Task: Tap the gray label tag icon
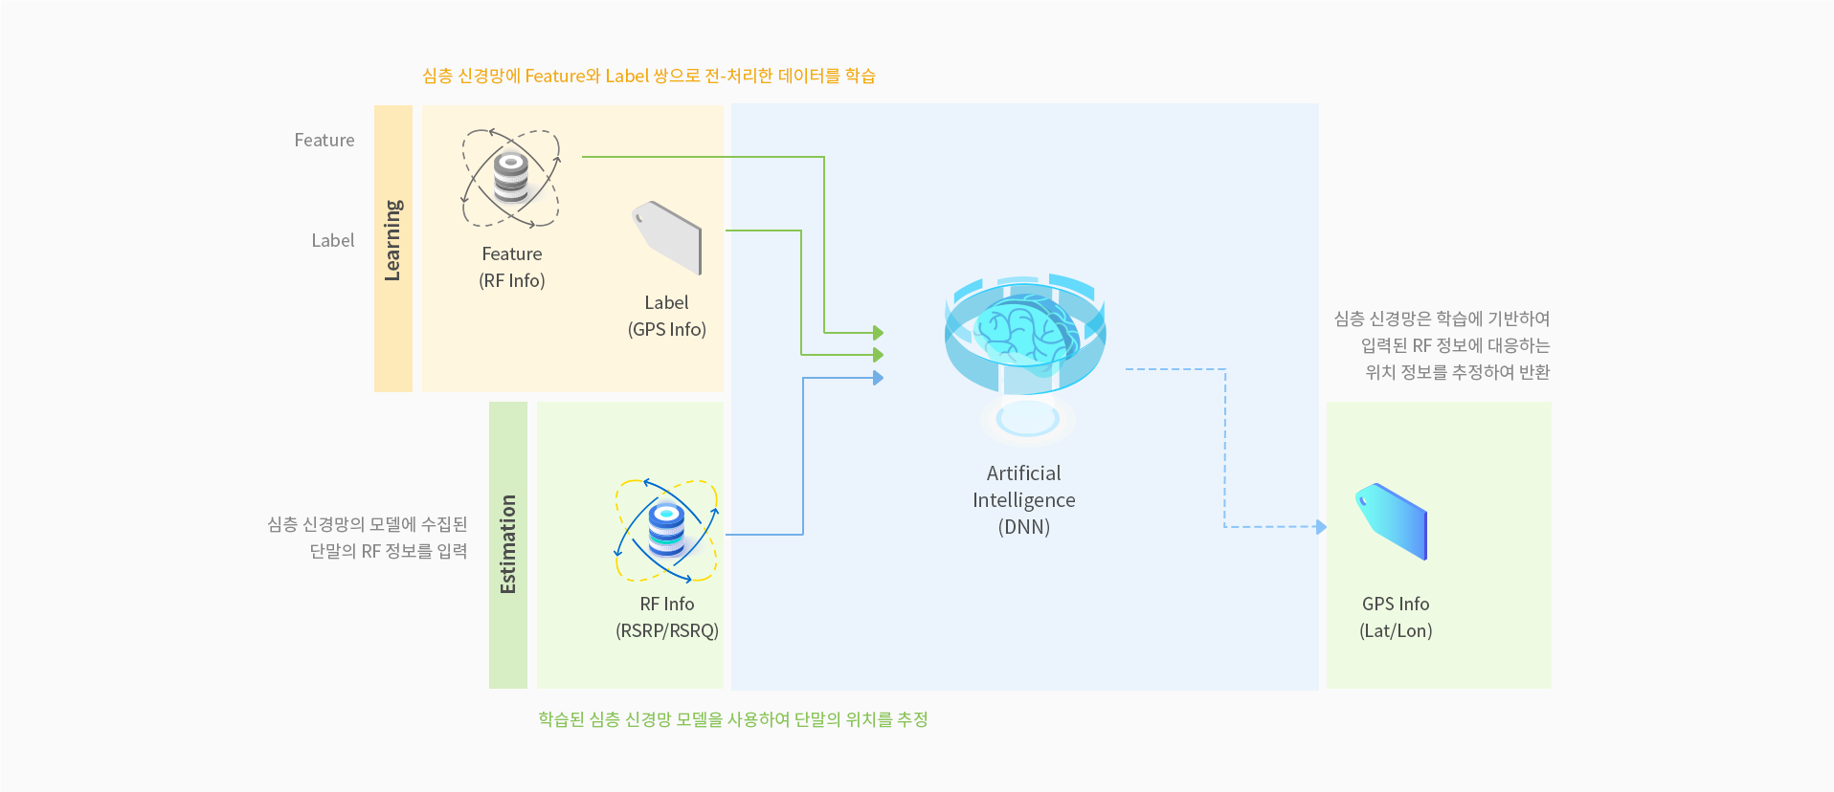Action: tap(668, 236)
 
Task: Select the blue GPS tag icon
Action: tap(1392, 520)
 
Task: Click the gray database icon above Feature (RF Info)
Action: tap(511, 178)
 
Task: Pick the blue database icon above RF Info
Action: tap(666, 530)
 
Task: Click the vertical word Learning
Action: tap(392, 240)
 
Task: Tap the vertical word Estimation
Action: tap(507, 544)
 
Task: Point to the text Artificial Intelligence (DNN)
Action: tap(1024, 500)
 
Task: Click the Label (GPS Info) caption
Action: tap(667, 316)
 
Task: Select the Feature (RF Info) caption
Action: tap(512, 267)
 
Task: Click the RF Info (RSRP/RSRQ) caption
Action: tap(667, 617)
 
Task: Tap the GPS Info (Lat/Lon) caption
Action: tap(1396, 617)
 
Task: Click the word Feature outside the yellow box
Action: tap(324, 141)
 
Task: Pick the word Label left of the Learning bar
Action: tap(333, 241)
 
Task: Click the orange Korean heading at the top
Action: tap(649, 77)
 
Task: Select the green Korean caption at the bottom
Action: tap(733, 719)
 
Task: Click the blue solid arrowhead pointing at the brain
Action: tap(878, 378)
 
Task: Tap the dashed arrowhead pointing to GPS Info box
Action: tap(1321, 526)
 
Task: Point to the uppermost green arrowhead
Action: tap(878, 333)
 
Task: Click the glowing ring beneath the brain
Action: tap(1027, 419)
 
